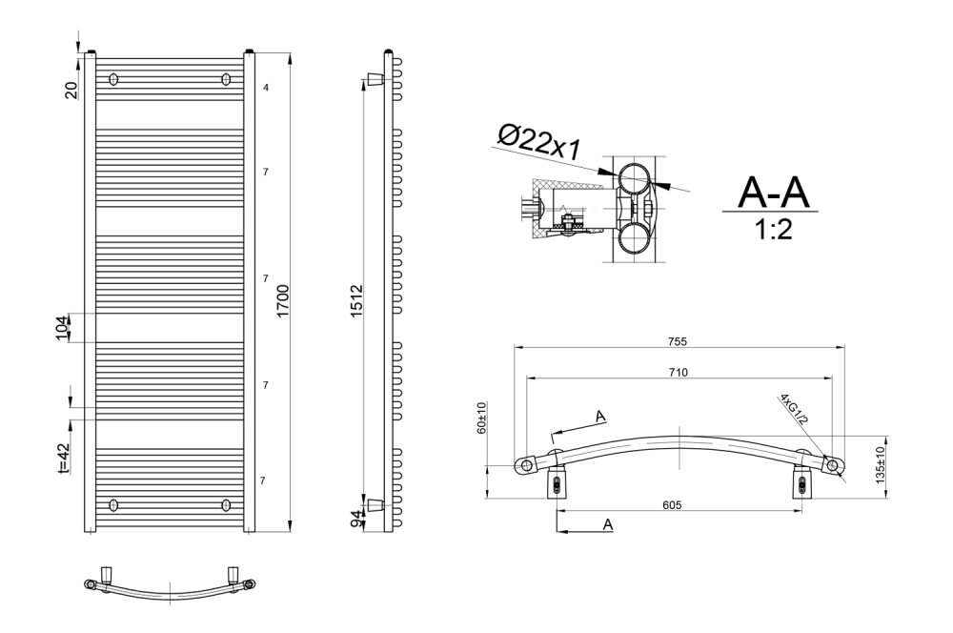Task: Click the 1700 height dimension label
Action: click(x=283, y=300)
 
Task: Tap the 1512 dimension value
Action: click(x=356, y=300)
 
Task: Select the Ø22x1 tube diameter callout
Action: click(x=539, y=142)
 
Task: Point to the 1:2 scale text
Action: click(x=773, y=230)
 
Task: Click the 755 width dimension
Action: click(x=677, y=341)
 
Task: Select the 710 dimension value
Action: click(x=678, y=372)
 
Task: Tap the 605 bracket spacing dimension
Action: click(x=672, y=504)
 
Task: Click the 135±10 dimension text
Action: click(x=880, y=466)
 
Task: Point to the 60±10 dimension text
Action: click(x=482, y=418)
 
